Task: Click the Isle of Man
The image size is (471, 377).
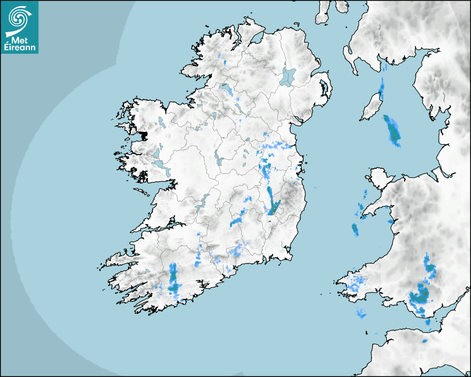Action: tap(371, 107)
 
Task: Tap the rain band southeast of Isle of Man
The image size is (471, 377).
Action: tap(392, 129)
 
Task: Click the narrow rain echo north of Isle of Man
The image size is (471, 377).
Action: tap(381, 86)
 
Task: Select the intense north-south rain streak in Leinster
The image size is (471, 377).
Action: tap(272, 201)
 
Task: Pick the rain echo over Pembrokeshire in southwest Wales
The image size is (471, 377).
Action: tap(352, 284)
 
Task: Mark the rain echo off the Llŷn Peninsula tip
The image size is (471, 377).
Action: tap(355, 228)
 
